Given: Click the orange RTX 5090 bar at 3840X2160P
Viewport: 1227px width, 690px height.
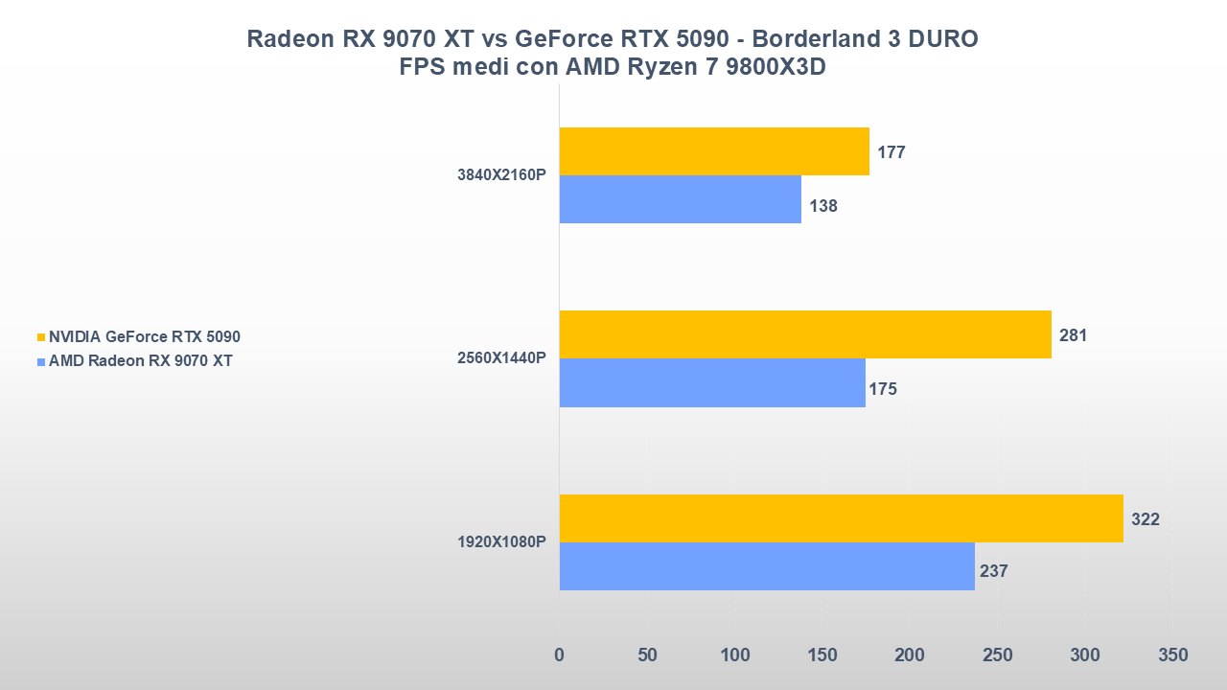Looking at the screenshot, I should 714,151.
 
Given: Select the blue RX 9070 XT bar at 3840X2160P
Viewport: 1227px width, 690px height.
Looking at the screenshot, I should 681,199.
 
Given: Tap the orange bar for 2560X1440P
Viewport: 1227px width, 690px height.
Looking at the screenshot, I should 805,334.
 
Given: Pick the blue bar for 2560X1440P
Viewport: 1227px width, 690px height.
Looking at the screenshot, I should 712,382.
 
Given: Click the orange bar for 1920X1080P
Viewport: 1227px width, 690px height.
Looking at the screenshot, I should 841,518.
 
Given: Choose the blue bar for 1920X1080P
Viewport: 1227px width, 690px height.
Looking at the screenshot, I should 767,566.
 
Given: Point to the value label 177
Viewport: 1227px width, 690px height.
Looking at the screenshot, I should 891,152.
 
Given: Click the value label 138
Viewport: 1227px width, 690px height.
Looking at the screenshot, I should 822,206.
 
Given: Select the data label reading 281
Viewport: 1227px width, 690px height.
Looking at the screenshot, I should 1073,335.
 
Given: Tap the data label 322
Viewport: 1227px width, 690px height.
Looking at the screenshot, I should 1145,519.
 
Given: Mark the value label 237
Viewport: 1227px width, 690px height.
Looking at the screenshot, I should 994,571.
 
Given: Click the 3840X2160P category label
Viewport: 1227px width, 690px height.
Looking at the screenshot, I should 501,175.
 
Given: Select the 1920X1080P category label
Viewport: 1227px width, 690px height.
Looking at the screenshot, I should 501,542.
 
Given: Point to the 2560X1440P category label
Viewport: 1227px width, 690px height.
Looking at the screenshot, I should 501,358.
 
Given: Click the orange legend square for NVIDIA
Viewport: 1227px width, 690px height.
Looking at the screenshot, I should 41,337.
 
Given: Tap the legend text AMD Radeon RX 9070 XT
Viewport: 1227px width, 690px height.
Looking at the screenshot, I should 141,361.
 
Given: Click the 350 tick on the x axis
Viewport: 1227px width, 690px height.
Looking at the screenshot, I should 1172,655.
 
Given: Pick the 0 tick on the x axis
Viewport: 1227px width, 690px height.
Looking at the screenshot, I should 560,655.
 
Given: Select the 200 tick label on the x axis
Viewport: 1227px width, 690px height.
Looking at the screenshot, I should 910,655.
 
